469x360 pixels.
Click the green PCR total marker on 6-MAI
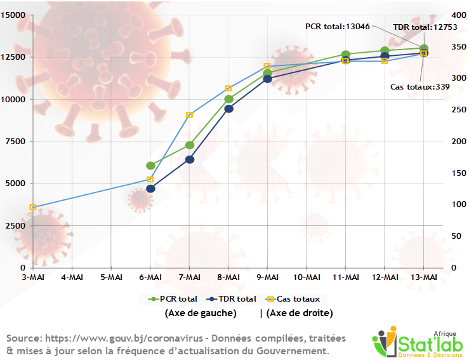(x=150, y=166)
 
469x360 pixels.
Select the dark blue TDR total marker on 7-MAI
(x=190, y=159)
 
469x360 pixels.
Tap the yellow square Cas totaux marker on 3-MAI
(x=33, y=208)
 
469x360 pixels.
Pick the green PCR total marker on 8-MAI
(x=228, y=99)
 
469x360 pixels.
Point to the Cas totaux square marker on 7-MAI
(x=190, y=115)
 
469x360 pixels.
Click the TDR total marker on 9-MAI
(x=267, y=79)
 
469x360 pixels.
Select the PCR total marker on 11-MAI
(x=345, y=55)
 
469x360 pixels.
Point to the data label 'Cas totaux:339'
(x=419, y=87)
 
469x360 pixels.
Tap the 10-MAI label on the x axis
(x=307, y=277)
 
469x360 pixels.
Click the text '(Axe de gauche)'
(x=201, y=313)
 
